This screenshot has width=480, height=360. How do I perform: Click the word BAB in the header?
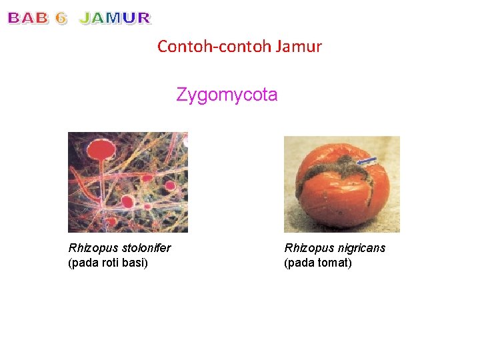point(28,19)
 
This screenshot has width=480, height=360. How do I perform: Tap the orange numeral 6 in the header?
point(61,19)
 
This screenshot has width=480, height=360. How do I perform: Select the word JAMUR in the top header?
point(115,19)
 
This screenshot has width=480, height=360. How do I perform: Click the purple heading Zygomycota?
point(227,95)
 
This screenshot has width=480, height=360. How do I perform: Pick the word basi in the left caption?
point(135,263)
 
